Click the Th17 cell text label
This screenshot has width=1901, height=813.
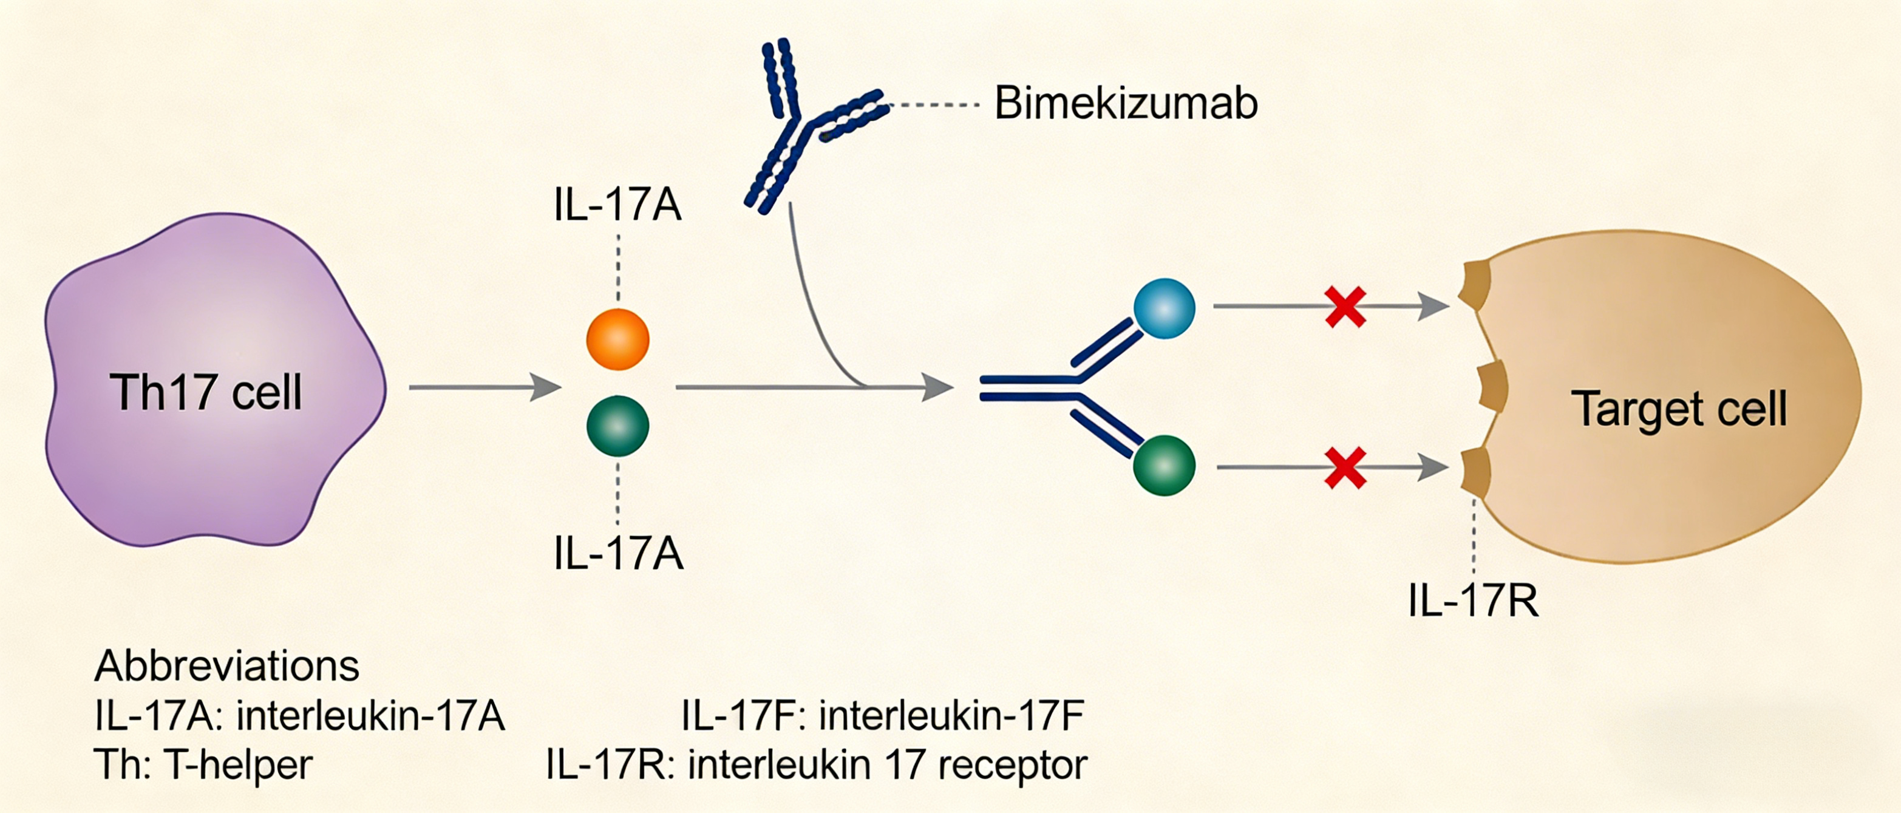click(x=206, y=392)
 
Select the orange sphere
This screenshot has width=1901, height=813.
click(x=617, y=339)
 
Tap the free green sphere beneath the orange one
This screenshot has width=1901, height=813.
click(x=617, y=426)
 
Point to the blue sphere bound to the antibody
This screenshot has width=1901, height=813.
click(x=1164, y=308)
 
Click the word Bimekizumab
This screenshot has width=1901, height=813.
click(x=1126, y=103)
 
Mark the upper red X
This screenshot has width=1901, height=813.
click(x=1345, y=307)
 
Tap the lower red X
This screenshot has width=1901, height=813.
click(x=1345, y=468)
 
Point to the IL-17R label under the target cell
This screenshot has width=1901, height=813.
click(x=1473, y=601)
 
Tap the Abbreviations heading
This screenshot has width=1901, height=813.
click(x=226, y=666)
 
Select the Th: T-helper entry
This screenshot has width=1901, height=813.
click(x=203, y=764)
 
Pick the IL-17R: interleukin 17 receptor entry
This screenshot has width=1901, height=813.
click(x=816, y=764)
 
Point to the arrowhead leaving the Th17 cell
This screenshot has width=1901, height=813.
click(x=546, y=387)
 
